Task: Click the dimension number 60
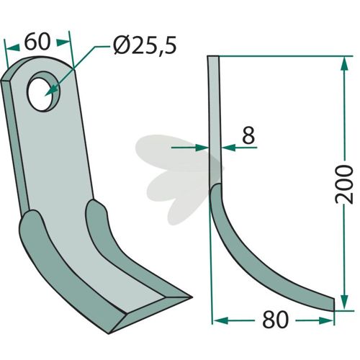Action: (37, 42)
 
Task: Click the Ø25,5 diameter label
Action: (145, 45)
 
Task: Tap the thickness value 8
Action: (248, 135)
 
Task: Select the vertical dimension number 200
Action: (344, 184)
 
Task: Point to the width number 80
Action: (275, 320)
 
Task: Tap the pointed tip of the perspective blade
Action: (192, 297)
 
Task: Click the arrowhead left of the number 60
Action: (13, 48)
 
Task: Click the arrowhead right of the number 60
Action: (63, 42)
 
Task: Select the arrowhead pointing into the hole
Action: (51, 91)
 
